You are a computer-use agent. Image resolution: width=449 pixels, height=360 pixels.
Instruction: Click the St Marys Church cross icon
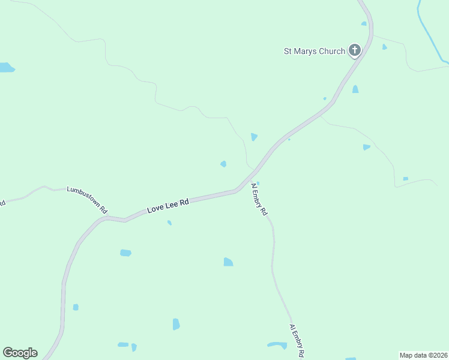click(x=355, y=50)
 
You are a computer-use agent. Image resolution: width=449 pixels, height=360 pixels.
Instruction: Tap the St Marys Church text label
click(x=314, y=51)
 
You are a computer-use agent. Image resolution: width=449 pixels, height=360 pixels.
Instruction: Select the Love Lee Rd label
click(x=168, y=206)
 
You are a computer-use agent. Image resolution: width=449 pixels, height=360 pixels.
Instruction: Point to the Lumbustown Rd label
click(x=87, y=199)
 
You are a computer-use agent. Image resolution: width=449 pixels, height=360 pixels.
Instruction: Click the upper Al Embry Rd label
click(x=259, y=200)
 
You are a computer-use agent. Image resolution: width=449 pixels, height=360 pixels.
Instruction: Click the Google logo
click(x=20, y=353)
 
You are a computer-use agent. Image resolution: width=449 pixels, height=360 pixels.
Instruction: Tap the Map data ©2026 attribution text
click(x=424, y=355)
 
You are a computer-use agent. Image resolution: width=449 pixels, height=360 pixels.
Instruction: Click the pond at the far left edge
click(x=6, y=67)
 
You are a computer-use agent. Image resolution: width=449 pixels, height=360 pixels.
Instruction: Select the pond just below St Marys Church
click(x=355, y=89)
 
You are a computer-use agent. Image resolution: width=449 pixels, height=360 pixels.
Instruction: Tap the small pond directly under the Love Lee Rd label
click(x=169, y=223)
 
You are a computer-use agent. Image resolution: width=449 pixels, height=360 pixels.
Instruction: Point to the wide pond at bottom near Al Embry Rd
click(x=277, y=345)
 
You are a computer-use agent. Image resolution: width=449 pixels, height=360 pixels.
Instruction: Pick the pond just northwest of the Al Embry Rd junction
click(x=223, y=163)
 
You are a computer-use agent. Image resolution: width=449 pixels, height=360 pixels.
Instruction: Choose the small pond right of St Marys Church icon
click(x=384, y=47)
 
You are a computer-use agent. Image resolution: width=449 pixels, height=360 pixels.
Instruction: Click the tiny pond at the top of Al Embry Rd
click(x=258, y=183)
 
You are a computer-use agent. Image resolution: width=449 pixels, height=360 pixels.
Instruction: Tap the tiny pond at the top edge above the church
click(x=364, y=24)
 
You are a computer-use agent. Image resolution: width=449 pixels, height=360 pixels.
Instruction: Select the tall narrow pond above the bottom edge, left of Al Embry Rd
click(x=176, y=324)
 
